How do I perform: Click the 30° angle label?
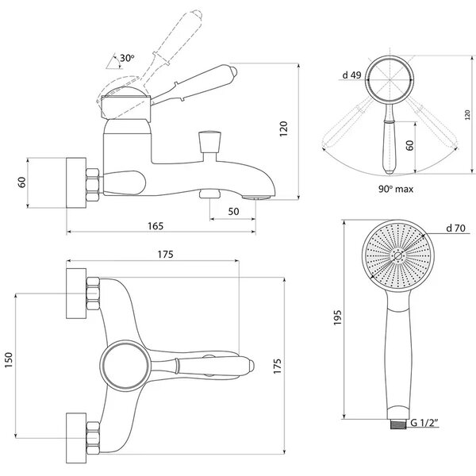[127, 58]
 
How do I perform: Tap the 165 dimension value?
[155, 226]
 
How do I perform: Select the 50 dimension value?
[233, 211]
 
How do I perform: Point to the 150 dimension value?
[9, 360]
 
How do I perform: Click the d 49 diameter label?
[351, 75]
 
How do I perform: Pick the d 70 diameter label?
[455, 228]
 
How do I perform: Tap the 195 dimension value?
[338, 317]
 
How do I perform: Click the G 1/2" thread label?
[424, 423]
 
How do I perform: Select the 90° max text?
[396, 189]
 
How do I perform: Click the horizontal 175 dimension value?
[166, 255]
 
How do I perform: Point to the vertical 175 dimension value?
[277, 366]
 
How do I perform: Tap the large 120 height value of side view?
[283, 129]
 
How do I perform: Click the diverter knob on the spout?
[209, 141]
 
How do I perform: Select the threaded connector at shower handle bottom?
[397, 424]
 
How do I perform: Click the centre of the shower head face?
[398, 255]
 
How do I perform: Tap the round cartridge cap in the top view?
[125, 366]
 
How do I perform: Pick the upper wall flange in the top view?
[76, 294]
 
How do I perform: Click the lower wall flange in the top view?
[76, 438]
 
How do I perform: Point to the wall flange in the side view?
[76, 182]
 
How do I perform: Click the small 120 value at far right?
[467, 115]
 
